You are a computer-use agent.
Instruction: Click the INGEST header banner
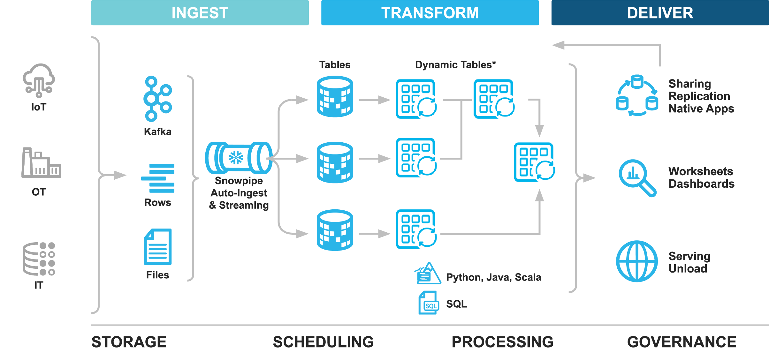pyautogui.click(x=200, y=13)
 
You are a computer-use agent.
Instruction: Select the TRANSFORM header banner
pyautogui.click(x=430, y=13)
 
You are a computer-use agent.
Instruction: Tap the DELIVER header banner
pyautogui.click(x=660, y=13)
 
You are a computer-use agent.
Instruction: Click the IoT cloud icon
pyautogui.click(x=39, y=80)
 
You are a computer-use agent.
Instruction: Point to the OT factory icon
pyautogui.click(x=41, y=163)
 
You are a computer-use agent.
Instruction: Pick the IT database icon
pyautogui.click(x=39, y=259)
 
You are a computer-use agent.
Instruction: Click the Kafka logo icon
pyautogui.click(x=157, y=99)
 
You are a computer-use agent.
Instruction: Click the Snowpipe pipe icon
pyautogui.click(x=239, y=158)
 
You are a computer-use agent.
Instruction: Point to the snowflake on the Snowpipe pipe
pyautogui.click(x=236, y=157)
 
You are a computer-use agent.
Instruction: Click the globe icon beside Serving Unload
pyautogui.click(x=637, y=261)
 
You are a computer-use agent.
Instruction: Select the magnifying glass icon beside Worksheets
pyautogui.click(x=637, y=178)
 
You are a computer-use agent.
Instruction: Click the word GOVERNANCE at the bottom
pyautogui.click(x=681, y=342)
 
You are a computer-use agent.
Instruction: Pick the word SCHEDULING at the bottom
pyautogui.click(x=323, y=342)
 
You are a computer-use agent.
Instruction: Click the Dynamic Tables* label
pyautogui.click(x=455, y=65)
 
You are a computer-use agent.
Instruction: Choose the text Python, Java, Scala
pyautogui.click(x=493, y=277)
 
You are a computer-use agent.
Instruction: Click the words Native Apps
pyautogui.click(x=701, y=109)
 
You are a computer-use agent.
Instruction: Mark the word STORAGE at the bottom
pyautogui.click(x=129, y=342)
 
